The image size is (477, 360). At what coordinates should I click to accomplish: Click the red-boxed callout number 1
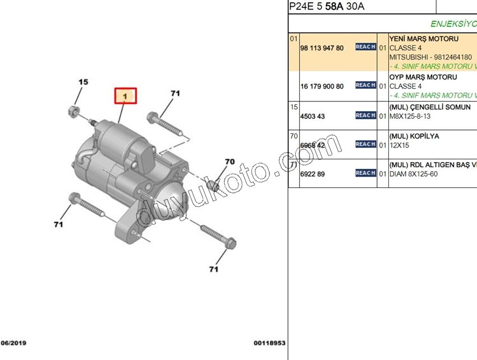coord(126,96)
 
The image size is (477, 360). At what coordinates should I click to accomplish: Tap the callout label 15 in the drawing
coord(83,82)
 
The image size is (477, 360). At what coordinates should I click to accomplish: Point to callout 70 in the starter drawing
coord(230,161)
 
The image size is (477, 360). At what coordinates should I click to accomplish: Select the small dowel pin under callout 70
coord(213,184)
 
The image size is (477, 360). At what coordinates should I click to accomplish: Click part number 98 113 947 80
coord(322,48)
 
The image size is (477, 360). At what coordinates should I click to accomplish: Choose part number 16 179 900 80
coord(322,86)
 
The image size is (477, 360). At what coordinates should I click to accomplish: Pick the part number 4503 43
coord(313,117)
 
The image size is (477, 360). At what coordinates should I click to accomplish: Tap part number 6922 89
coord(313,174)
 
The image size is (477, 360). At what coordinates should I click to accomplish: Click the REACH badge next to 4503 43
coord(365,116)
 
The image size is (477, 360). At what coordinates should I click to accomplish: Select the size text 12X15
coord(400,145)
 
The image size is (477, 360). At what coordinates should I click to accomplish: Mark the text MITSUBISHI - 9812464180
coord(430,57)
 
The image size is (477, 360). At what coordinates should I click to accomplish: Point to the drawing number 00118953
coord(269,343)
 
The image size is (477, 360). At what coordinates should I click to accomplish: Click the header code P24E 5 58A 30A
coord(326,7)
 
